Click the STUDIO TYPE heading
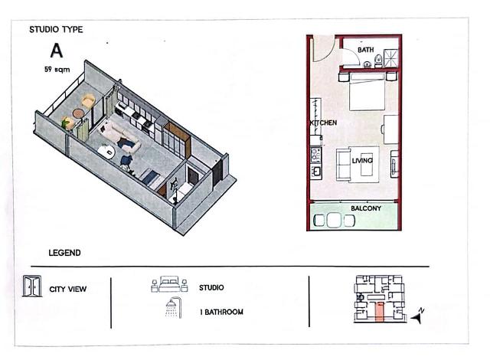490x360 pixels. [56, 30]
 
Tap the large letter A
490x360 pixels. [57, 51]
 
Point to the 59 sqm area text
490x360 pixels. [57, 70]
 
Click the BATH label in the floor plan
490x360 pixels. [366, 50]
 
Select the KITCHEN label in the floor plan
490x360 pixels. [323, 123]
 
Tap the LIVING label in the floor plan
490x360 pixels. [362, 161]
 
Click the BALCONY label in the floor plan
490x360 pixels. [366, 208]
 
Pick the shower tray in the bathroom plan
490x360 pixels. [391, 57]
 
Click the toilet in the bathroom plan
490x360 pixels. [378, 61]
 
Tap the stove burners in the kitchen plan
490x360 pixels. [316, 155]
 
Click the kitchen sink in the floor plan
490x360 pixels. [316, 172]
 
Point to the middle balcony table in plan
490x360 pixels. [334, 220]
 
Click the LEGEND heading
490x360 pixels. [64, 253]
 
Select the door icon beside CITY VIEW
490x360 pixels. [32, 286]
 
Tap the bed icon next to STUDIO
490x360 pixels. [169, 284]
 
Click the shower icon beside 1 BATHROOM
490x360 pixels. [174, 307]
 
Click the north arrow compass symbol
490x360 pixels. [417, 316]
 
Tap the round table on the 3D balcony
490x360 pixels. [78, 113]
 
